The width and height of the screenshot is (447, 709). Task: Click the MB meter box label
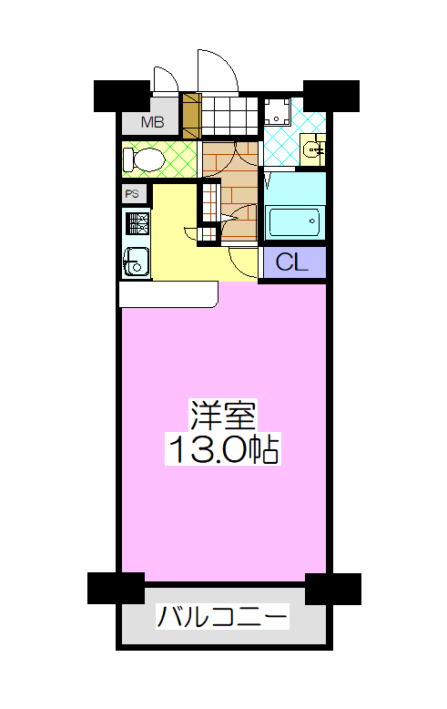pos(152,122)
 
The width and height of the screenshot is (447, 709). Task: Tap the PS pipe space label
pos(132,194)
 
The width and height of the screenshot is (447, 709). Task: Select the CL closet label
pos(291,262)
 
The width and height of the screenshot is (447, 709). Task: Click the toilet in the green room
pos(144,159)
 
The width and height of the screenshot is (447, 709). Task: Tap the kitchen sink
pos(136,262)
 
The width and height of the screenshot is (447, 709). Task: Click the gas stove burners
pos(137,223)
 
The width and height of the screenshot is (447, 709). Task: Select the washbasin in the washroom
pos(312,149)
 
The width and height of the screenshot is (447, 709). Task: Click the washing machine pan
pos(277,111)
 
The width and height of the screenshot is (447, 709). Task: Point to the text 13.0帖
pos(223,449)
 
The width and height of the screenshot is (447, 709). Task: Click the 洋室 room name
pos(223,415)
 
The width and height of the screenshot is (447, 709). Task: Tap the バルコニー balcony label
pos(222,616)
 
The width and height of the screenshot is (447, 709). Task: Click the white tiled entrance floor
pos(229,116)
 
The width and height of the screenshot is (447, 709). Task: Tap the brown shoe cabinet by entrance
pos(191,116)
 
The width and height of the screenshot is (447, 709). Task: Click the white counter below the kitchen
pos(168,294)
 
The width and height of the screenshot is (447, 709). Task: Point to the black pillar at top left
pos(121,96)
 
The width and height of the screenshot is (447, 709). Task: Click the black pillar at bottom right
pos(333,589)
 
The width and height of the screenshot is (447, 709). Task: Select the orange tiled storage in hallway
pos(209,211)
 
